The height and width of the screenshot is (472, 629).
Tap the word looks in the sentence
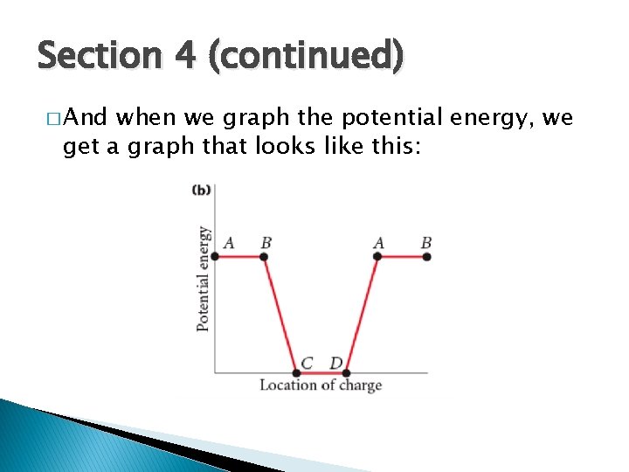(282, 145)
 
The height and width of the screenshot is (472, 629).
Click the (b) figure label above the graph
(203, 189)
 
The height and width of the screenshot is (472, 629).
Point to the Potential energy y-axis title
(203, 278)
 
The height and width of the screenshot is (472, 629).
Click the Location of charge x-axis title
(320, 385)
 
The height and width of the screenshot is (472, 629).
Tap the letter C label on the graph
(307, 362)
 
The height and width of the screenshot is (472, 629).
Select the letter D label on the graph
(335, 362)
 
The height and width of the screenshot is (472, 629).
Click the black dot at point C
(296, 373)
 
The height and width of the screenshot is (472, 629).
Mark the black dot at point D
(346, 373)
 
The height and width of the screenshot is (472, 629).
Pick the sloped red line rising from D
(362, 315)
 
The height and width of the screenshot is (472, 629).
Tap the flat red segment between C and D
(321, 373)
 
